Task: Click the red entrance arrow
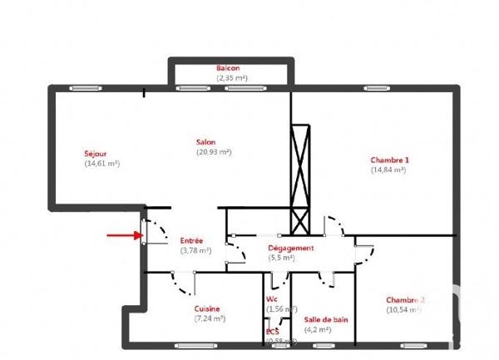(123, 234)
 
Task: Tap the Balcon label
(229, 68)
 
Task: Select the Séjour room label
(95, 154)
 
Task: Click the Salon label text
(205, 142)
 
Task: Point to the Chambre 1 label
(389, 160)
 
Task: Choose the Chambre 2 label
(405, 300)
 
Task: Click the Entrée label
(192, 240)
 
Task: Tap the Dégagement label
(290, 248)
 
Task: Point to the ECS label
(272, 332)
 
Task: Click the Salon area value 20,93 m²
(214, 152)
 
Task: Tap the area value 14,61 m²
(102, 164)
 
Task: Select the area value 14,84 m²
(388, 170)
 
